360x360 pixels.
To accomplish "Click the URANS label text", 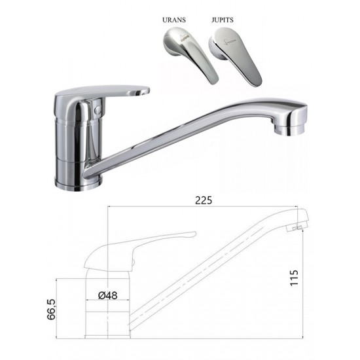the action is (174, 20).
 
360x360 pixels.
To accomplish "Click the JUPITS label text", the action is (223, 20).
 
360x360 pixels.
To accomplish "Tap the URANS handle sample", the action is (191, 54).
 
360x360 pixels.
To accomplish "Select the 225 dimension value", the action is (204, 200).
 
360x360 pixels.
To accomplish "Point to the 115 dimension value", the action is (294, 278).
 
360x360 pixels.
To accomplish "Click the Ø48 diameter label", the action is (108, 295).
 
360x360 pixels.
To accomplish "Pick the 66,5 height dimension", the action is (52, 309).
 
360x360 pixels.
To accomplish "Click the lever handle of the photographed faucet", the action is (102, 92).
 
